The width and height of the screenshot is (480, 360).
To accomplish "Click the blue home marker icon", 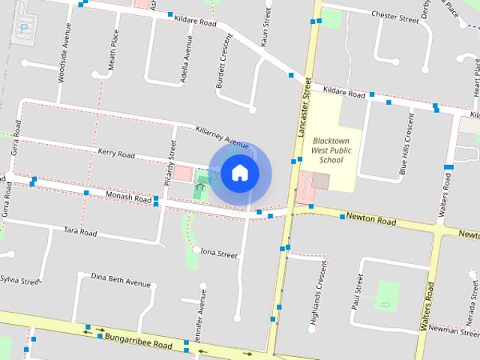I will click(239, 173).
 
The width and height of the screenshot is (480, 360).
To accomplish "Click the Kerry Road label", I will click(116, 153).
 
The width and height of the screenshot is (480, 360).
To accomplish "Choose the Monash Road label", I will click(128, 198).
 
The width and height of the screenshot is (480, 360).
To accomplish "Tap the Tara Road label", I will click(80, 231).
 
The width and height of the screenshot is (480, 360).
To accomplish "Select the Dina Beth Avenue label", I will click(121, 280).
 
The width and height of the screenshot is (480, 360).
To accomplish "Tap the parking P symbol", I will click(25, 28).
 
